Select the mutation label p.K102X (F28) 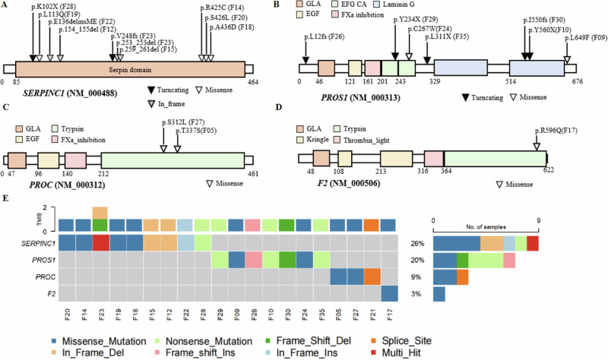(x=48, y=6)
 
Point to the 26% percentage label (x=416, y=243)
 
